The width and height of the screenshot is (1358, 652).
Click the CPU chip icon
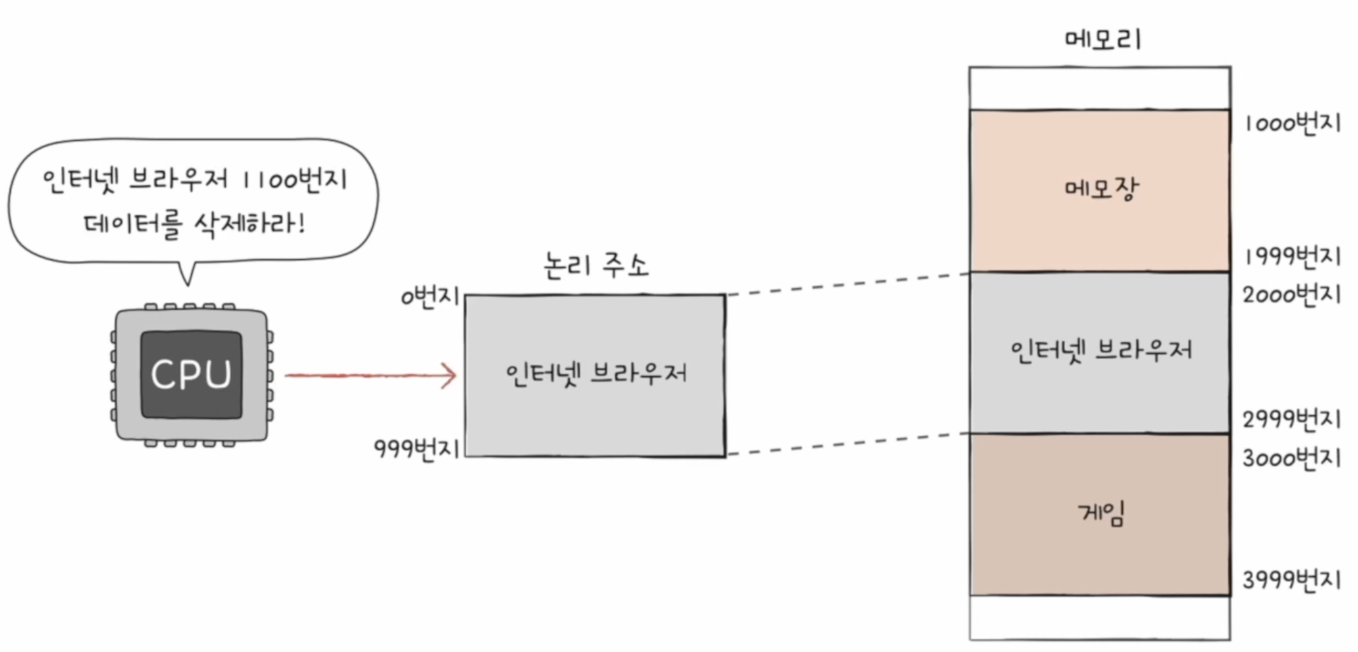[191, 374]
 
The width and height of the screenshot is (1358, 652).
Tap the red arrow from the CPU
[370, 376]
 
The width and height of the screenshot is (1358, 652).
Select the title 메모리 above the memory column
[1102, 38]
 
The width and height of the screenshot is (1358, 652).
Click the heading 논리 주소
[596, 266]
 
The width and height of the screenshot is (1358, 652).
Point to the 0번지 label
[429, 297]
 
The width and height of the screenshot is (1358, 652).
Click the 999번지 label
[417, 448]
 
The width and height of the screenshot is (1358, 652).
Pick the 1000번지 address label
[1292, 123]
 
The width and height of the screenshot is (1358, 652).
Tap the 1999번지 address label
[1292, 257]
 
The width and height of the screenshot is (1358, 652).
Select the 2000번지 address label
[1292, 294]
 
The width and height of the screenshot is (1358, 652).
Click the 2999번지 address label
[1292, 419]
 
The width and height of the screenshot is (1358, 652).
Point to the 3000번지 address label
[1292, 459]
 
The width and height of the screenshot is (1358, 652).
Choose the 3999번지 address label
[1292, 580]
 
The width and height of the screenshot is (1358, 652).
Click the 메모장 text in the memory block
[1101, 188]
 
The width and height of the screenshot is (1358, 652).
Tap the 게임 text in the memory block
[1101, 513]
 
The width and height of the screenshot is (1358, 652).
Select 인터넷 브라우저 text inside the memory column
[1101, 350]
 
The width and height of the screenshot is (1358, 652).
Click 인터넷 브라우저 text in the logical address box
[596, 373]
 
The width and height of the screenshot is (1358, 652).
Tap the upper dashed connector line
[847, 284]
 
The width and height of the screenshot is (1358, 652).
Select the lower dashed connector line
[847, 444]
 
